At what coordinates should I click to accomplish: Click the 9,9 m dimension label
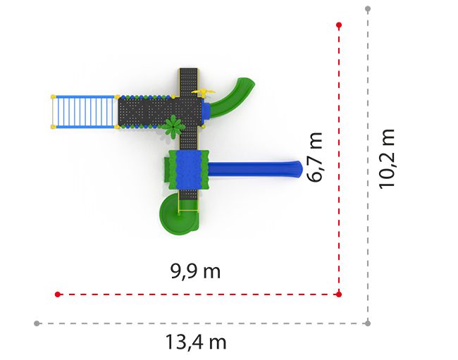pyautogui.click(x=195, y=271)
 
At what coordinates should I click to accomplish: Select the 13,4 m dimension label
pyautogui.click(x=196, y=342)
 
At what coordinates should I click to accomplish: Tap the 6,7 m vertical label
pyautogui.click(x=315, y=157)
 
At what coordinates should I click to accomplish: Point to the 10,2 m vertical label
pyautogui.click(x=387, y=159)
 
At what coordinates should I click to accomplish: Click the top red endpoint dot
pyautogui.click(x=339, y=25)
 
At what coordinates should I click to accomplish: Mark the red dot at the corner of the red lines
pyautogui.click(x=339, y=294)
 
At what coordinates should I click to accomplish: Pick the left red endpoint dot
pyautogui.click(x=58, y=294)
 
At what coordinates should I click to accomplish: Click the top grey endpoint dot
pyautogui.click(x=368, y=8)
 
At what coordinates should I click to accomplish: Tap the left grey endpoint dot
pyautogui.click(x=37, y=323)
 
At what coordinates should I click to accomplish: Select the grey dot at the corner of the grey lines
pyautogui.click(x=368, y=323)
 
